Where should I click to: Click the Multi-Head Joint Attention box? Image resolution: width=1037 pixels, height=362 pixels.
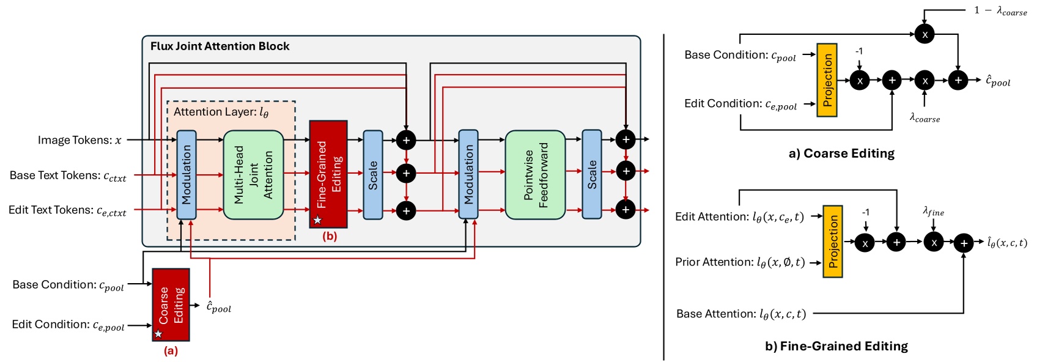coord(253,175)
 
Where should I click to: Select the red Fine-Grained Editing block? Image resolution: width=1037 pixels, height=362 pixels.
coord(328,174)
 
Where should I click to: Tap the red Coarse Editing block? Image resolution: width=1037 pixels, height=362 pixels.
coord(171,305)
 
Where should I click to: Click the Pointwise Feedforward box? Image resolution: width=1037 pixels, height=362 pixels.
coord(535,175)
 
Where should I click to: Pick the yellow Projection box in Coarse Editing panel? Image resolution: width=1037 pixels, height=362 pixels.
coord(827,80)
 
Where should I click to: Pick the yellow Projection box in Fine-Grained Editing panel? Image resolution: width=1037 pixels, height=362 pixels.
coord(832,242)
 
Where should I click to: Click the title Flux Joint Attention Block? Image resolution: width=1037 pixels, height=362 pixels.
coord(220,46)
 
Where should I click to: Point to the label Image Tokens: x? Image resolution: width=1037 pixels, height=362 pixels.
coord(79,140)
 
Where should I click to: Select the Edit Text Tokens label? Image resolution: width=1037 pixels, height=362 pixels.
coord(67,210)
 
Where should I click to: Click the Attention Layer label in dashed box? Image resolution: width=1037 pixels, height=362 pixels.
coord(221,112)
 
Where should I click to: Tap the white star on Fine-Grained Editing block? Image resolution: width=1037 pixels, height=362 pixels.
coord(317,220)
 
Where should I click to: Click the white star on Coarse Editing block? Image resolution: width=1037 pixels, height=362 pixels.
coord(158,334)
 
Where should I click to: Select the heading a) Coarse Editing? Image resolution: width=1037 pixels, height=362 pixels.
coord(841,153)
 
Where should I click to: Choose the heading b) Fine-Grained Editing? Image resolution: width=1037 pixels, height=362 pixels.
coord(836,346)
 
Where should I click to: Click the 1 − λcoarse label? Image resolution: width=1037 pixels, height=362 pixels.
coord(1000,10)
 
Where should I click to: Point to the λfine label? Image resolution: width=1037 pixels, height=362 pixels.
coord(933,212)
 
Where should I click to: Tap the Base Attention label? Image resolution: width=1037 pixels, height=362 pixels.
coord(740,314)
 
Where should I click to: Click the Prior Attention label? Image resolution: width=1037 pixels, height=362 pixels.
coord(740,262)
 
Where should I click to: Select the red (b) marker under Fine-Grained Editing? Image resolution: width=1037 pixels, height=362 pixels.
coord(330,236)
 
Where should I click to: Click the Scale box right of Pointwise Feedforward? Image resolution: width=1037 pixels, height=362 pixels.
coord(591,174)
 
